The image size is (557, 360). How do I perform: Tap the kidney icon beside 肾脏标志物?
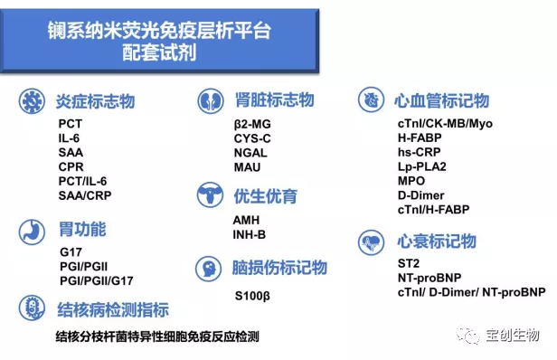pyautogui.click(x=211, y=99)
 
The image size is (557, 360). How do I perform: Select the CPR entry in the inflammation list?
pyautogui.click(x=71, y=166)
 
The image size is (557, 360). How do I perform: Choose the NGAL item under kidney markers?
pyautogui.click(x=250, y=153)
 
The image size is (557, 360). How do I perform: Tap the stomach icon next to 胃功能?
pyautogui.click(x=33, y=229)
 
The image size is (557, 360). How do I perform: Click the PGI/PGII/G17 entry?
pyautogui.click(x=96, y=280)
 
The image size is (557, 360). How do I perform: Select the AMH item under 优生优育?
pyautogui.click(x=246, y=221)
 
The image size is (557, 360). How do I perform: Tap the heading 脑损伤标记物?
pyautogui.click(x=280, y=268)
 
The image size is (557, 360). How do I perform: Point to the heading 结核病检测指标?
pyautogui.click(x=112, y=310)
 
